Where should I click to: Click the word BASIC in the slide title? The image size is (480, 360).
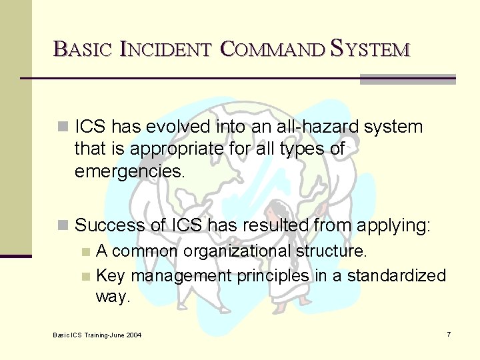(81, 49)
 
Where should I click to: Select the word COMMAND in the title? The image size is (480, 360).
(271, 49)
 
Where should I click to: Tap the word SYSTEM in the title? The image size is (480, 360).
(371, 49)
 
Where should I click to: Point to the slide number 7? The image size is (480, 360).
(449, 334)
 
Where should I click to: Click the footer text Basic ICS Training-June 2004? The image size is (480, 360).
(97, 334)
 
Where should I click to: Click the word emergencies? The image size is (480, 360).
(129, 171)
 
